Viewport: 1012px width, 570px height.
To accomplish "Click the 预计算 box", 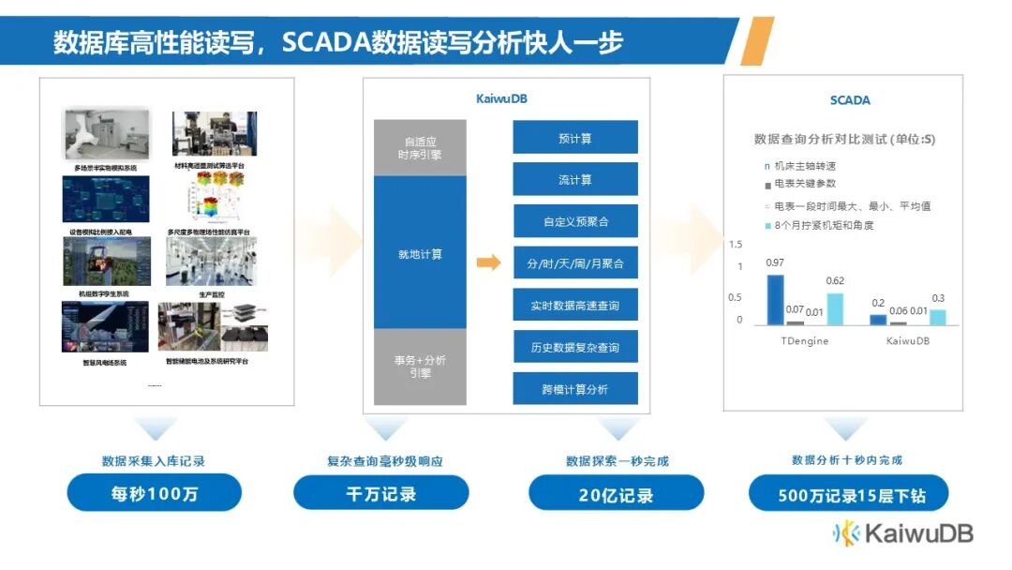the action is click(574, 137).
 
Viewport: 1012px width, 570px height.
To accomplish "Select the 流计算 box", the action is click(574, 179).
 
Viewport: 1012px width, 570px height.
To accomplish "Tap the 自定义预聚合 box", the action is click(574, 221).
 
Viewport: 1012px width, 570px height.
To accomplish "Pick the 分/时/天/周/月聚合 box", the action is click(574, 263).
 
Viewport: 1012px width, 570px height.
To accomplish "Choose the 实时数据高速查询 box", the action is click(574, 306).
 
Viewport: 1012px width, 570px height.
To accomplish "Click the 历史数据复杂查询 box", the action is click(574, 347).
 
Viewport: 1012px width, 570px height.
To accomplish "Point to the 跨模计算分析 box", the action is click(574, 388).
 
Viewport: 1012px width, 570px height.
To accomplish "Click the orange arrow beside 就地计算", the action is click(488, 262).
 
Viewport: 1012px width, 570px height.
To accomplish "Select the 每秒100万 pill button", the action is click(154, 493).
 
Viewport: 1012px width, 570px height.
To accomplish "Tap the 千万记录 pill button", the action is click(380, 493).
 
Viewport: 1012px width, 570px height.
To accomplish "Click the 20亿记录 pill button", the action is click(616, 493).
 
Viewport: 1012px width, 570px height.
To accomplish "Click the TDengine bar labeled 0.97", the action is click(775, 299).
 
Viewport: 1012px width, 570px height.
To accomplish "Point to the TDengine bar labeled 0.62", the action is click(835, 308).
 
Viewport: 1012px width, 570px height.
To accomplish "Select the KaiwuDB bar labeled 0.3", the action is click(938, 317).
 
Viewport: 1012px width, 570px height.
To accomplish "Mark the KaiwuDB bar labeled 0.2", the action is click(878, 319).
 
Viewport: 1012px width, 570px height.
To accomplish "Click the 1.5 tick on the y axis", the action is click(735, 245).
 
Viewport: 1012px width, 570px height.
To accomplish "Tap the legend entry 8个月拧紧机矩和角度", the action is click(824, 225).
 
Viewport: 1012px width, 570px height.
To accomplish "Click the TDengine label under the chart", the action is click(804, 341).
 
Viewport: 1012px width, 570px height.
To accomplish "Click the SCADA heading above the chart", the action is click(849, 100).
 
